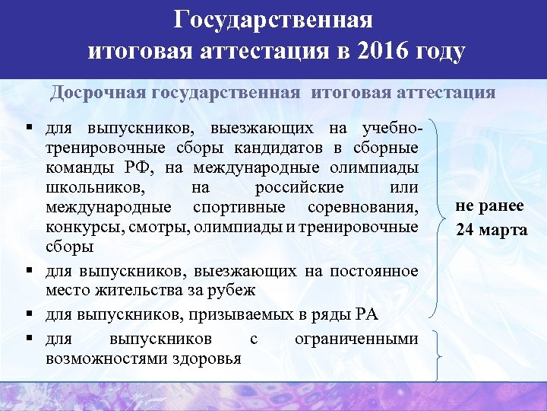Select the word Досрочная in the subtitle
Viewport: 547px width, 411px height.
point(98,93)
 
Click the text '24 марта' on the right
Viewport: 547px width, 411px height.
point(492,229)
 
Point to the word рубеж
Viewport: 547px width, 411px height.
point(232,290)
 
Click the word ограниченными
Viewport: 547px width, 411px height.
point(356,338)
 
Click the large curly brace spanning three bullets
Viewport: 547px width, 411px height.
point(436,217)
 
